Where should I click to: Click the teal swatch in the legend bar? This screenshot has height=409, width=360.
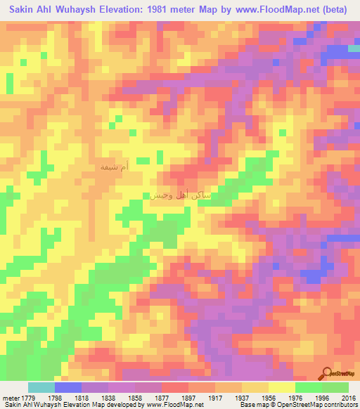click(41, 387)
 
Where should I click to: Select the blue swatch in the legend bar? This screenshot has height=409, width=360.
click(68, 387)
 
